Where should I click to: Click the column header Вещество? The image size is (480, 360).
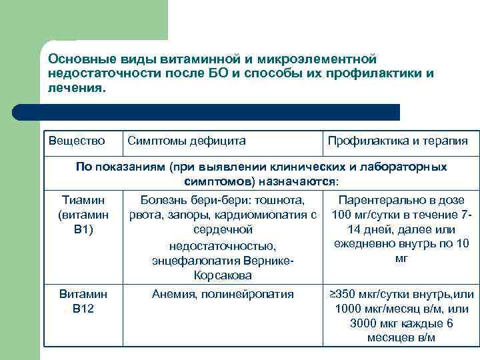pos(77,141)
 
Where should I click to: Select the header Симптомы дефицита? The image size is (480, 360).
pos(186,141)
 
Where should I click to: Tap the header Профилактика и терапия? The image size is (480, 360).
pos(397,141)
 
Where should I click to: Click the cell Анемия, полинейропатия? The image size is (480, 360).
pos(223,294)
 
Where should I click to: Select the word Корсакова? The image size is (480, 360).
pos(223,275)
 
